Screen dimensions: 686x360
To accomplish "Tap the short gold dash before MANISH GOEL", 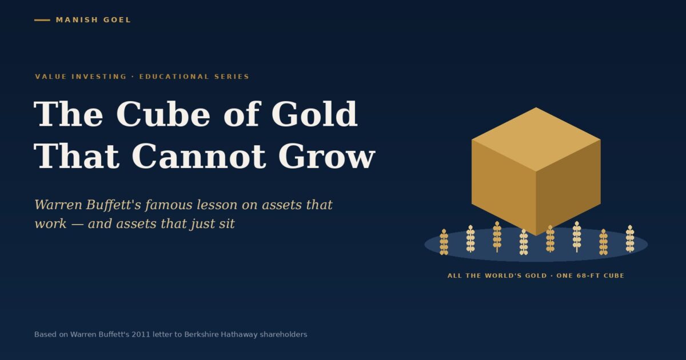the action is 42,20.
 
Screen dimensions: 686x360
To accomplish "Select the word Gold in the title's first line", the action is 314,114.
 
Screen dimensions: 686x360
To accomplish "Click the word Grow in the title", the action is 327,156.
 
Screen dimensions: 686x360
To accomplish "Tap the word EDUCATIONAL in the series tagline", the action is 174,77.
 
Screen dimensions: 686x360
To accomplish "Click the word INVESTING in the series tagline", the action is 98,77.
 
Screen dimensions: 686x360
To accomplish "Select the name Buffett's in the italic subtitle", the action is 113,205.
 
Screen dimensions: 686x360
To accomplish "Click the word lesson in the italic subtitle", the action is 217,205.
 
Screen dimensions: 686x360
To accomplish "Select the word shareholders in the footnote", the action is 284,334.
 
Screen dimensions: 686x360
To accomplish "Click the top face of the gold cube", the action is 536,139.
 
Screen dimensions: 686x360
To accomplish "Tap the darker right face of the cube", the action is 568,187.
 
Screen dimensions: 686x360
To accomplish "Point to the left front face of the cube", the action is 504,187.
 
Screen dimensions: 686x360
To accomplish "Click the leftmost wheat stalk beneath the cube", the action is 444,242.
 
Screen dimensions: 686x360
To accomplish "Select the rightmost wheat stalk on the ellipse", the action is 630,238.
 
